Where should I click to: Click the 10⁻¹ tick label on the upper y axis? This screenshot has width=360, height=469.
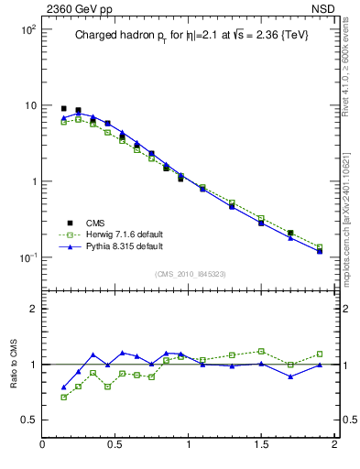coord(27,257)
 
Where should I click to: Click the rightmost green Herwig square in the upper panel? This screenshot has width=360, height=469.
coord(320,246)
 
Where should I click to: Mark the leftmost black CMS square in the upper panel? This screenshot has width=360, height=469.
coord(63,108)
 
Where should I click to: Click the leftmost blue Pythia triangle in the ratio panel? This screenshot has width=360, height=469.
coord(63,387)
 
